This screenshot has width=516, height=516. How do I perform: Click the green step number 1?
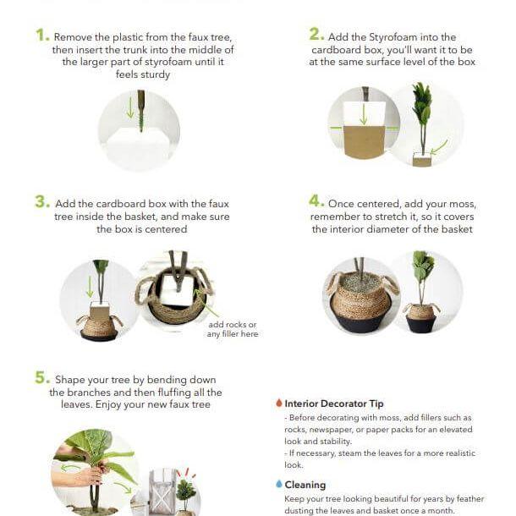coord(41,35)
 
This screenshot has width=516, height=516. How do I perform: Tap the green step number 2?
coord(316,34)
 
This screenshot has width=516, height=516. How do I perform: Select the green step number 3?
coord(41,201)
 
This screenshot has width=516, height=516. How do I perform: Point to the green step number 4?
coord(316,201)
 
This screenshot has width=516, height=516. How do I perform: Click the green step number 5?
coord(41,377)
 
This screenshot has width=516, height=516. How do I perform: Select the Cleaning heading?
coord(305,485)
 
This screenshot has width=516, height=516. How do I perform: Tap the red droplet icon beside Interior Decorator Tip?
coord(278,403)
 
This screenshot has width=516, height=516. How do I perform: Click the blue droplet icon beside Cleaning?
coord(278,485)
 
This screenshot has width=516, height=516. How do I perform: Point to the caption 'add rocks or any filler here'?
coord(232,329)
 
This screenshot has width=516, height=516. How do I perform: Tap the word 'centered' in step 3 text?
coord(166,229)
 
